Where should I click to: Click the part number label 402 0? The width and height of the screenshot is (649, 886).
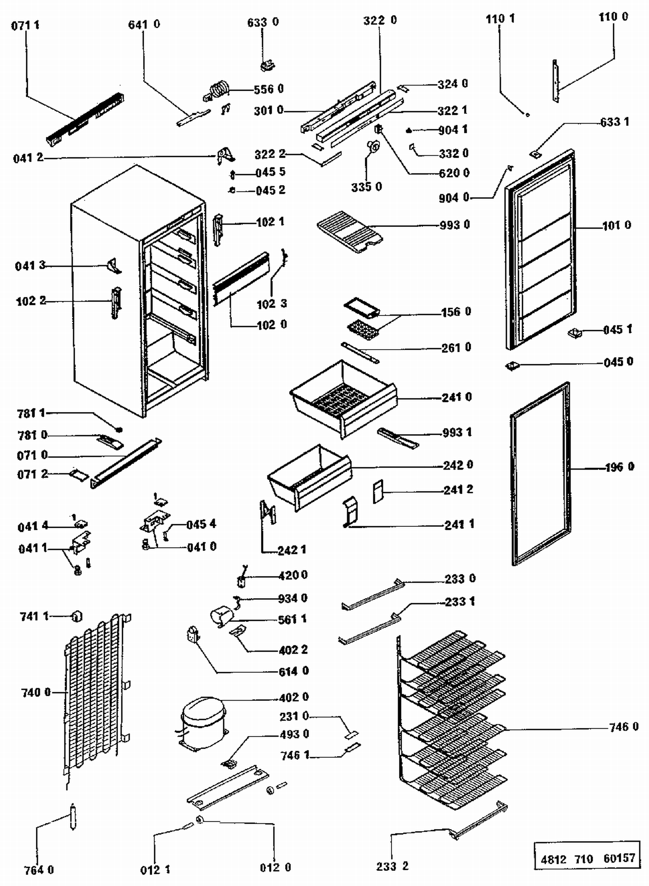coord(294,697)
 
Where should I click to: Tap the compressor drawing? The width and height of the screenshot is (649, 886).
coord(202,722)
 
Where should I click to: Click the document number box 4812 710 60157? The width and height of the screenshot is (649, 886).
coord(587,858)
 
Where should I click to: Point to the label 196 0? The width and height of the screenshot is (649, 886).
coord(620,467)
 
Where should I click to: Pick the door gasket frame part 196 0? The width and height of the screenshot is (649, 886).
coord(540,473)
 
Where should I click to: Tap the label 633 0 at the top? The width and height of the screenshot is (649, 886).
coord(263,22)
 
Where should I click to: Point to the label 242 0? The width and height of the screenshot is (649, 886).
coord(458,465)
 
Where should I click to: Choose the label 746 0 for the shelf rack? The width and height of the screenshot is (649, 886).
coord(623,727)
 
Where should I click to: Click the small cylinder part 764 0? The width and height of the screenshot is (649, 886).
coord(73,816)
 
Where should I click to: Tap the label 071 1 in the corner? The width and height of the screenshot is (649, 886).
coord(25,25)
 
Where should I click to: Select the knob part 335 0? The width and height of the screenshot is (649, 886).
coord(373,147)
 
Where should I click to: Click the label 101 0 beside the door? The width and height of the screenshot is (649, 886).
coord(617,225)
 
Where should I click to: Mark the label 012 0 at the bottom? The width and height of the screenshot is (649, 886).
coord(275,867)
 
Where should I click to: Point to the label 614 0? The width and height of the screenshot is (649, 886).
coord(294,671)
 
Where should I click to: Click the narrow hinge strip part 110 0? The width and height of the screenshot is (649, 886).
coord(556,81)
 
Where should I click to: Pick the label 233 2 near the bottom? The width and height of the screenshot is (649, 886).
coord(392,866)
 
